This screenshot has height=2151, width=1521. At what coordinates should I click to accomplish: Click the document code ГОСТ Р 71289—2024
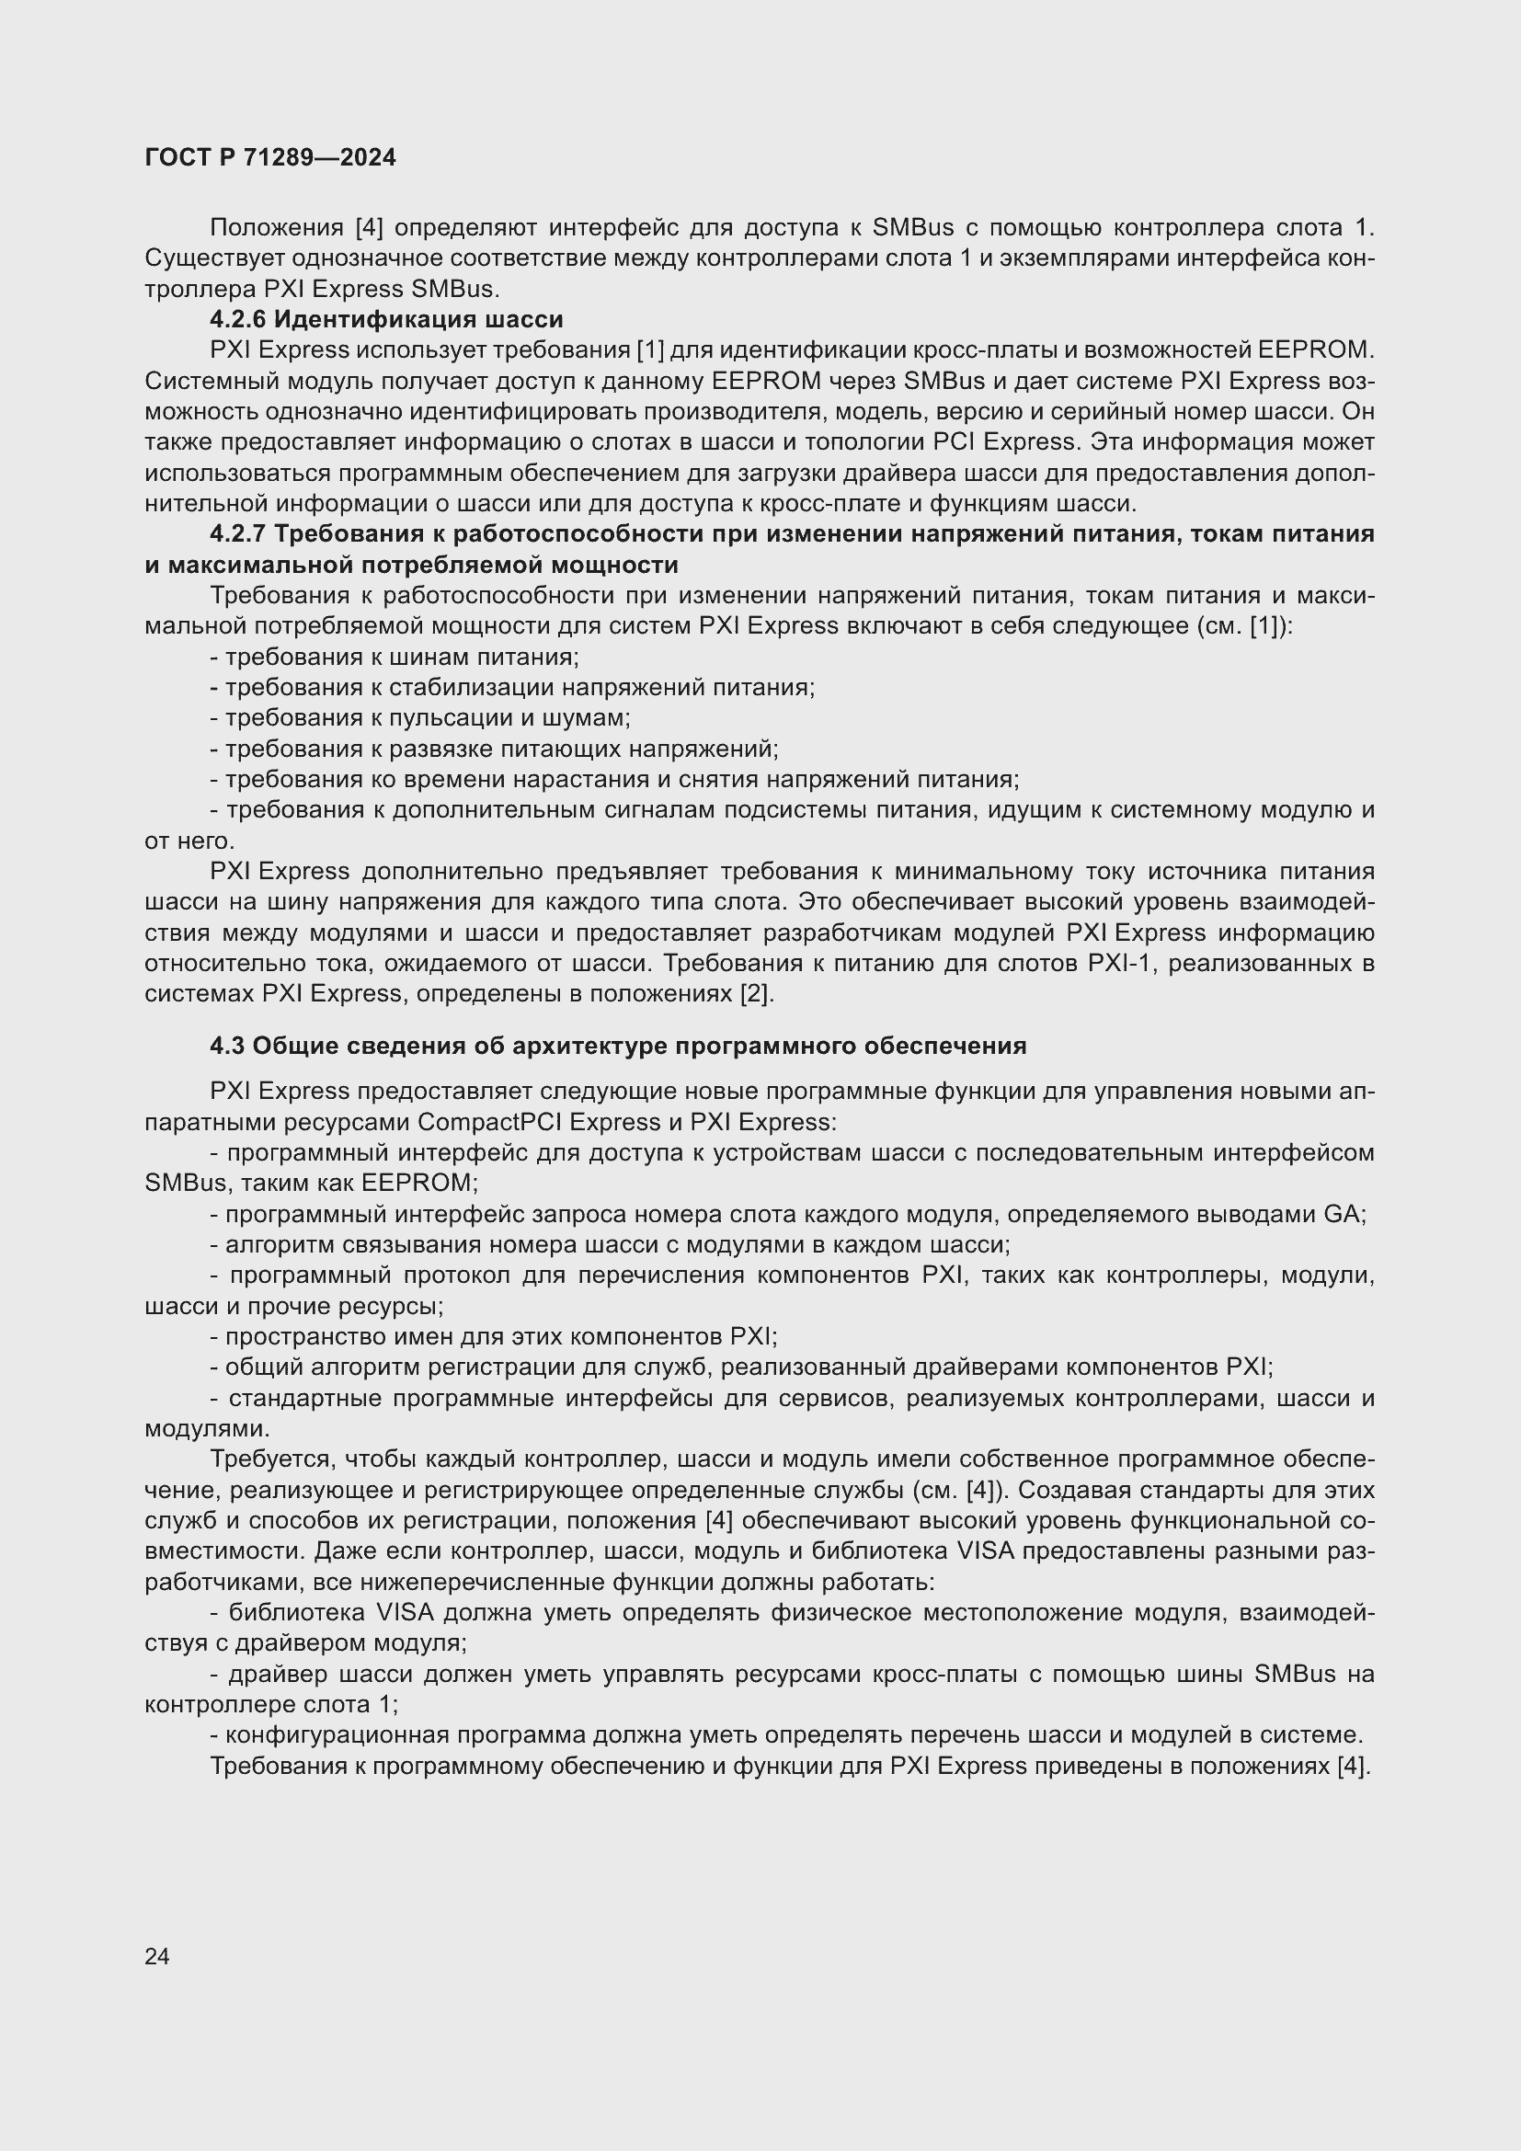click(x=269, y=157)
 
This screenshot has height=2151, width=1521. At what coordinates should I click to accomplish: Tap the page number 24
click(x=156, y=1956)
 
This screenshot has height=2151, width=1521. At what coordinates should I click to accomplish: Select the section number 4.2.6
click(x=238, y=319)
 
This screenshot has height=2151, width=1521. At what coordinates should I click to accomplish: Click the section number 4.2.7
click(x=238, y=534)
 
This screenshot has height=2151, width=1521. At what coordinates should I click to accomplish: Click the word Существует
click(x=214, y=258)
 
